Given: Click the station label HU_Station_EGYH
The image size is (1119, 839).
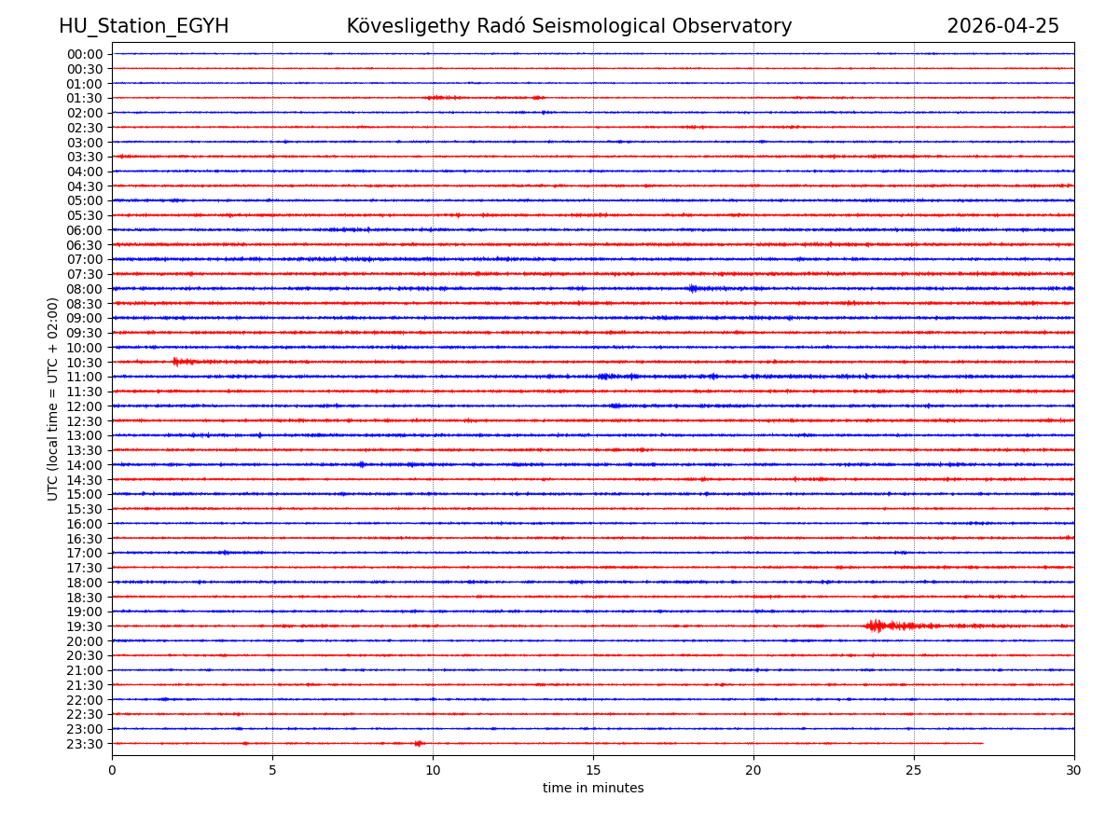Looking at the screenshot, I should pyautogui.click(x=144, y=26).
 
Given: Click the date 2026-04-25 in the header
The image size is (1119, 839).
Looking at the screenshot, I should pyautogui.click(x=1002, y=26).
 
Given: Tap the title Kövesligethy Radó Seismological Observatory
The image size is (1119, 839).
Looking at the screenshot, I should pyautogui.click(x=569, y=26).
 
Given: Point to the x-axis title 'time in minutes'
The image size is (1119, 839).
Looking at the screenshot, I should pyautogui.click(x=593, y=789).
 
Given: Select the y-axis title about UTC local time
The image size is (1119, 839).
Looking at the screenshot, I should pyautogui.click(x=53, y=398).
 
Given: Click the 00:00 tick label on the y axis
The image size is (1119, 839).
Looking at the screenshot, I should pyautogui.click(x=85, y=54).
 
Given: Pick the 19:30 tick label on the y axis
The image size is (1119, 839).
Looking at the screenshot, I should pyautogui.click(x=85, y=626).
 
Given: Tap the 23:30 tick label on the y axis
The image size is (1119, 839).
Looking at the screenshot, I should pyautogui.click(x=85, y=744).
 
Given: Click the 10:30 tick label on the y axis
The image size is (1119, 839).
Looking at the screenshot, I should pyautogui.click(x=85, y=363).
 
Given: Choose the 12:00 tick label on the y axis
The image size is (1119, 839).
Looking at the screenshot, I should pyautogui.click(x=85, y=406).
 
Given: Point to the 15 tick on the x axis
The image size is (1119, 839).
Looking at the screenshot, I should pyautogui.click(x=593, y=770).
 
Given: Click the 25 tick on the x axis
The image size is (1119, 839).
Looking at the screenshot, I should pyautogui.click(x=914, y=770).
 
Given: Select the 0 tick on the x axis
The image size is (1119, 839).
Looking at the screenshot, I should pyautogui.click(x=112, y=770).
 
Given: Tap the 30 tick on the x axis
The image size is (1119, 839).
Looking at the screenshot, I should pyautogui.click(x=1074, y=770).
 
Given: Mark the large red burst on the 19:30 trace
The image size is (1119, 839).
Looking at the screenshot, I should pyautogui.click(x=877, y=626).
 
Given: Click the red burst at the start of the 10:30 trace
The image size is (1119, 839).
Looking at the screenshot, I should pyautogui.click(x=182, y=362).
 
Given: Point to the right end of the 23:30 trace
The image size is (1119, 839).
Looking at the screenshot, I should pyautogui.click(x=982, y=743).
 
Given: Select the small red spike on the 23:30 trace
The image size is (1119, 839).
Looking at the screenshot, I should pyautogui.click(x=419, y=743).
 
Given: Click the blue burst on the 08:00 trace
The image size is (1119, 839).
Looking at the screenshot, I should pyautogui.click(x=693, y=288).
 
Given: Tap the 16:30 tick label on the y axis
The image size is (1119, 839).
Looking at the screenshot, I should pyautogui.click(x=85, y=539).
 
